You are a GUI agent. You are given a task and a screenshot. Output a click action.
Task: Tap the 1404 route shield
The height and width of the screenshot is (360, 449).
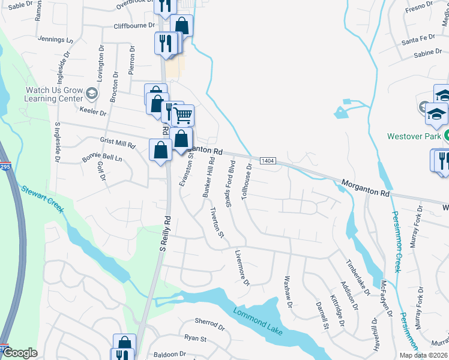click(x=268, y=161)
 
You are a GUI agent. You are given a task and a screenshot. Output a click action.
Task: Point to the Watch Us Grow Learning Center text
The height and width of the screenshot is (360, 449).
click(x=53, y=94)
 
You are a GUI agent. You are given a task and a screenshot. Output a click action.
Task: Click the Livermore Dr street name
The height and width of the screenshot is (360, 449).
click(x=242, y=268)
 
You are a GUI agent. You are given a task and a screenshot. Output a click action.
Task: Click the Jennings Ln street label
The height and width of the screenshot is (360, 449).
click(x=55, y=40)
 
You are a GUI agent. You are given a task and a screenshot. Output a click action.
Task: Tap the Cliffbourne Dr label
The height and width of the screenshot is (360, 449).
click(x=134, y=26)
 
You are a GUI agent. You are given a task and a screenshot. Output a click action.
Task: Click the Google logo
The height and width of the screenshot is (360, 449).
click(x=20, y=353)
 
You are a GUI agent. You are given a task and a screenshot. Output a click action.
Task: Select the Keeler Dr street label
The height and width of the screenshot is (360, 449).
click(x=92, y=112)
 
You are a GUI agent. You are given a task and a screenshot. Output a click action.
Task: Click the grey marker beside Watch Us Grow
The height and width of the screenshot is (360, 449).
click(x=92, y=93)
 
